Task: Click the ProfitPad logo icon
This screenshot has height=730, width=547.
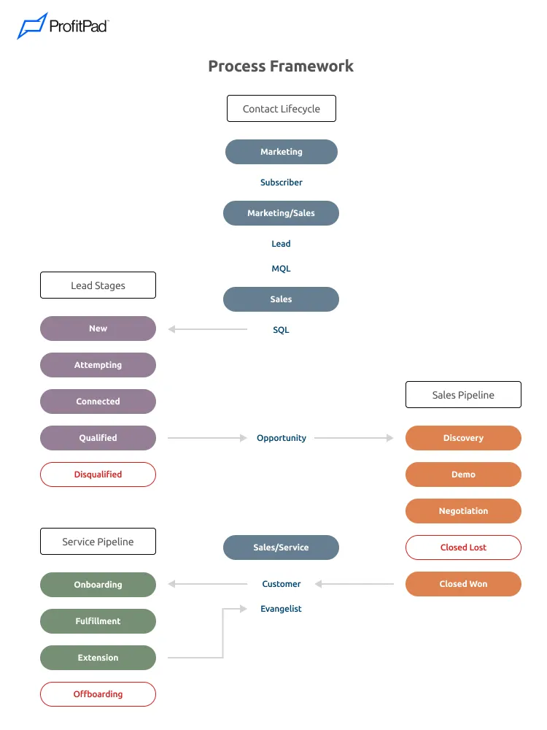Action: (31, 26)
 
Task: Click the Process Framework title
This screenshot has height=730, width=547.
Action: (281, 66)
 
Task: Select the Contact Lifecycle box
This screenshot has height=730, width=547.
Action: (281, 109)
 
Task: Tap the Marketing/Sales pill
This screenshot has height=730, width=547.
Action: (281, 213)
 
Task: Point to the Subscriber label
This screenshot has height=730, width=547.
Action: (281, 182)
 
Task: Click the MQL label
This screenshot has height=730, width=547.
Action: (281, 269)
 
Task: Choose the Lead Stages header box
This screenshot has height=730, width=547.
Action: (98, 285)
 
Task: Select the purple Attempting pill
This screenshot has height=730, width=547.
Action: (98, 365)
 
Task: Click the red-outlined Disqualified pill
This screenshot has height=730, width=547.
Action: (98, 474)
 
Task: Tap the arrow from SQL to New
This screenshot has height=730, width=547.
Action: (208, 329)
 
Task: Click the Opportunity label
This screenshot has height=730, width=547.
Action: (281, 438)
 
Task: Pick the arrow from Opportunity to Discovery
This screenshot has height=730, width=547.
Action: (354, 438)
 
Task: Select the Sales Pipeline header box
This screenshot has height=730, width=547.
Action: (463, 395)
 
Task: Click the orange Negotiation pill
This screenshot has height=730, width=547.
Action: (463, 511)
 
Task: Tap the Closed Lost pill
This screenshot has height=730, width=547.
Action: (463, 547)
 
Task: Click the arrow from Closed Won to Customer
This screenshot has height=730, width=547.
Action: (354, 584)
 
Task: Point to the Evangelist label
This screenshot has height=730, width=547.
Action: (281, 609)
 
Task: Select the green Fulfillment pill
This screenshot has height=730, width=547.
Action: (98, 621)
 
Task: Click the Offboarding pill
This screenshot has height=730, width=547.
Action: (98, 694)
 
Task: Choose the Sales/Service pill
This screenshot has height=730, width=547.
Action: (281, 547)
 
